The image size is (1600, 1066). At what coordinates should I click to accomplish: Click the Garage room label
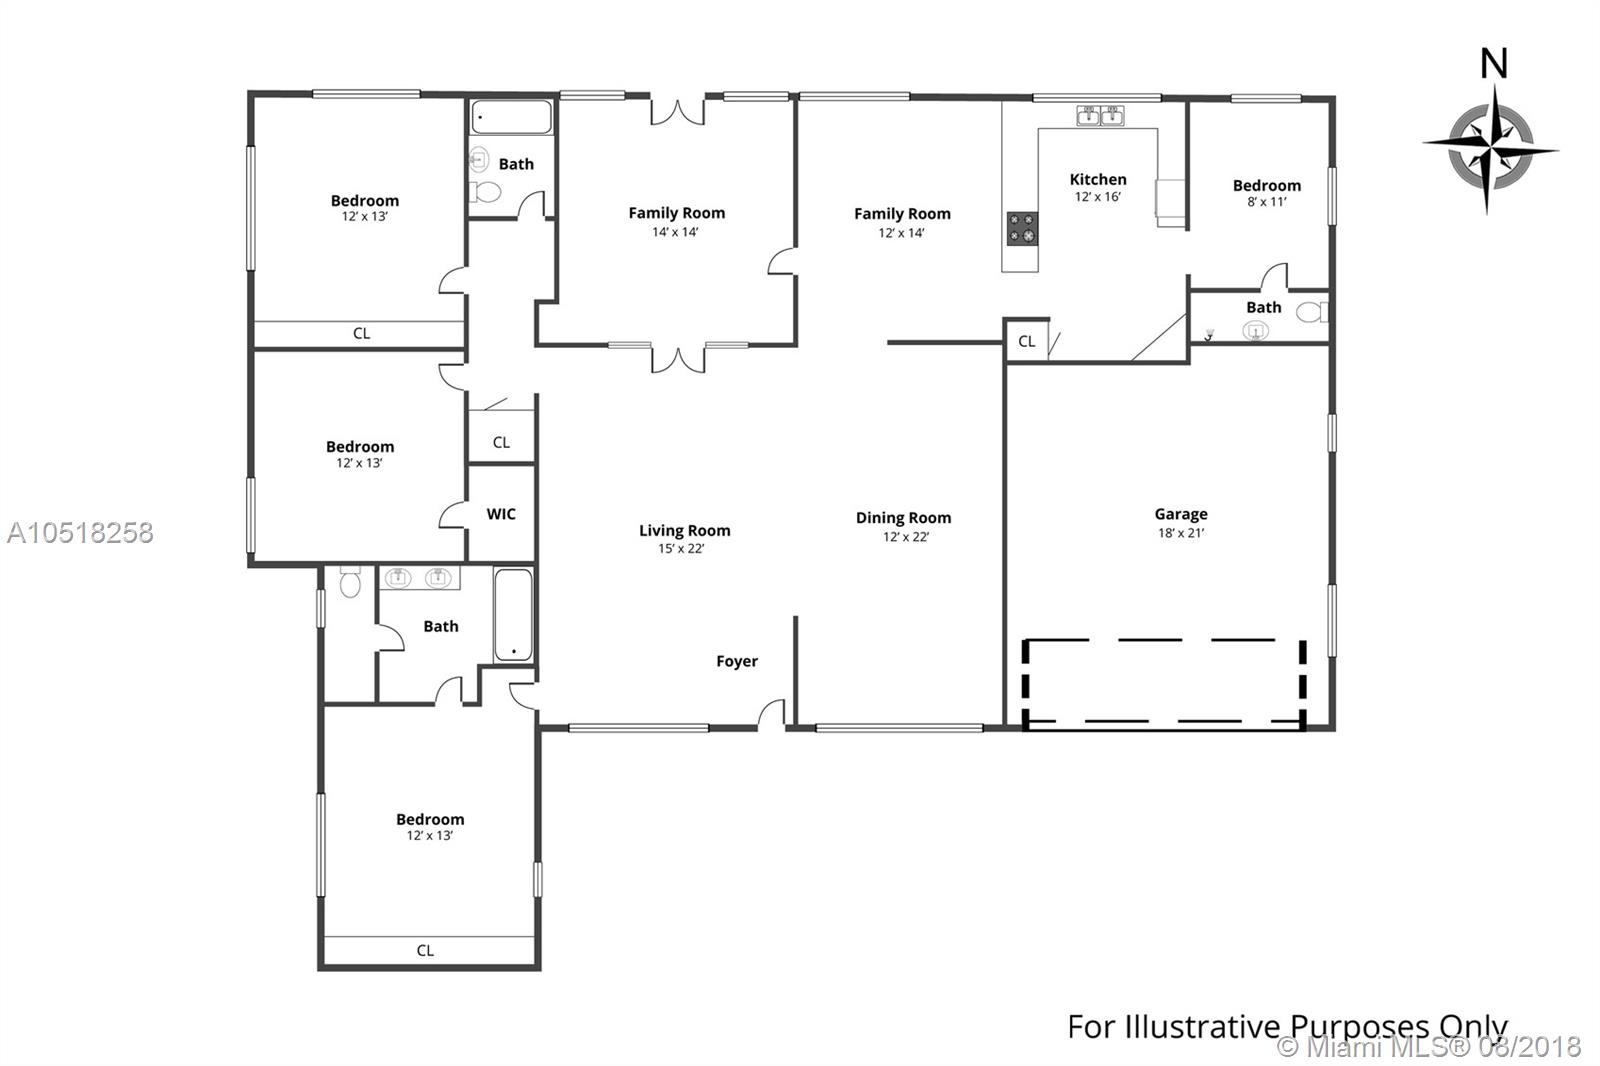coord(1181,514)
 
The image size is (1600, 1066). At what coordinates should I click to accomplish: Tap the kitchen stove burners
coord(1021,229)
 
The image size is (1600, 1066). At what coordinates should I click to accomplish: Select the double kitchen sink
coord(1100,115)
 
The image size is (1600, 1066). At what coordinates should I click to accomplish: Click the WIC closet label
coord(501,514)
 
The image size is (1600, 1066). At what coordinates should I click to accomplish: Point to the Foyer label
coord(736,662)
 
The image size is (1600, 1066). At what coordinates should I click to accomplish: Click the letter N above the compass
coord(1494,64)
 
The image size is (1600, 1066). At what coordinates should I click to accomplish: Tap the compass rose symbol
coord(1490,149)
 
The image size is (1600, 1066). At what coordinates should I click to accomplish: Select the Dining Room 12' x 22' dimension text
coord(906,537)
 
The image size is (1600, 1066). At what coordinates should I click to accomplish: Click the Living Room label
coord(684,531)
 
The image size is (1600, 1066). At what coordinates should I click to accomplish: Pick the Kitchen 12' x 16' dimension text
coord(1098,196)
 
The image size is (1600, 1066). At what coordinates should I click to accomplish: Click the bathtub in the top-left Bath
coord(511,117)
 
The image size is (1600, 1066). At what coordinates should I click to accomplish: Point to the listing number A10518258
coord(80,533)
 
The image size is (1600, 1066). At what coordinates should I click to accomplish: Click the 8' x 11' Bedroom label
coord(1266,186)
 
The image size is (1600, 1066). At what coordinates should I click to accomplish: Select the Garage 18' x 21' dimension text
coord(1181,533)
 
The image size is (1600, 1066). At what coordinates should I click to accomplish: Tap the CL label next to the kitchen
coord(1026,342)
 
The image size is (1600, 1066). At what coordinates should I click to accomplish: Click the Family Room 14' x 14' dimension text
coord(675,232)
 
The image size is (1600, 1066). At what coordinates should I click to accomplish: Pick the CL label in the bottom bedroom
coord(425,950)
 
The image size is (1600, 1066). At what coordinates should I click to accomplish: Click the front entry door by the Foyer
coord(771,714)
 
